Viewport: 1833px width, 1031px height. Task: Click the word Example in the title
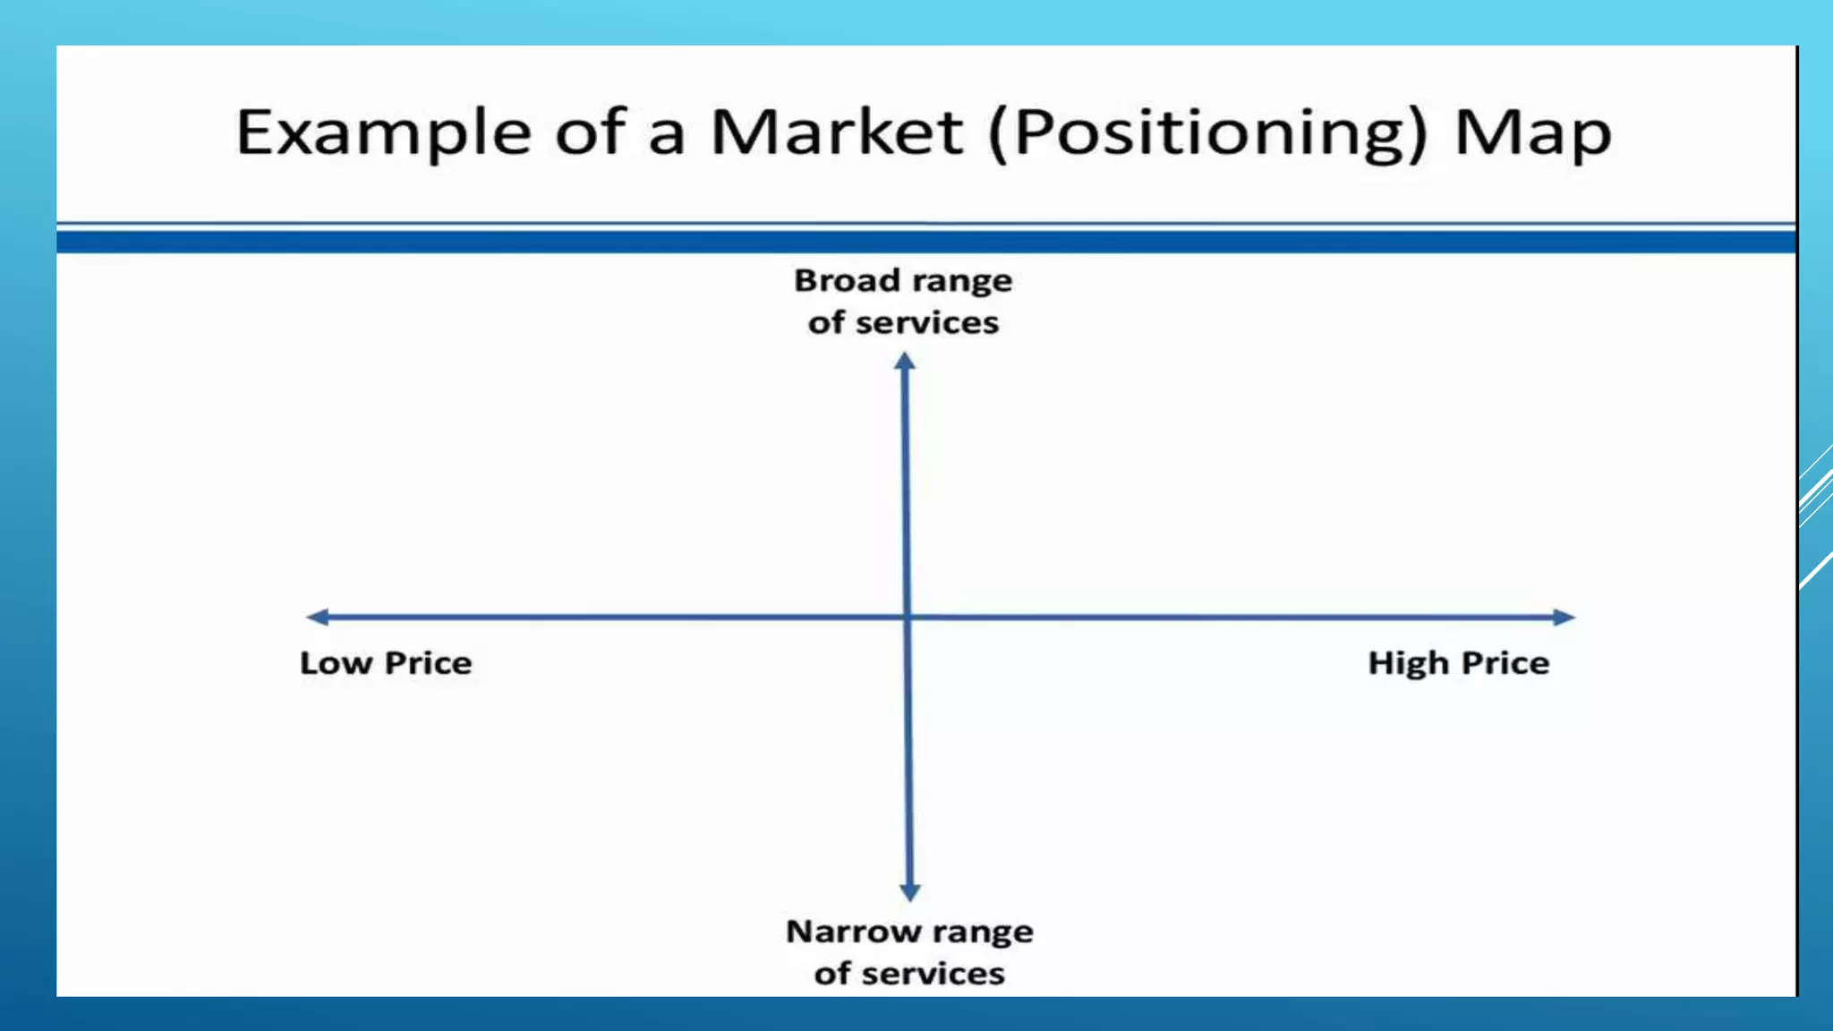pyautogui.click(x=384, y=132)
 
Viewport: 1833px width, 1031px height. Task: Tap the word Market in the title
pyautogui.click(x=836, y=132)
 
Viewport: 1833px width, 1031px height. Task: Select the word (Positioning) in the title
pyautogui.click(x=1207, y=134)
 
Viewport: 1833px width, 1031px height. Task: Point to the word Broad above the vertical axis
pyautogui.click(x=847, y=281)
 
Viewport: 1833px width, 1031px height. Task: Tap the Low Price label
pyautogui.click(x=386, y=663)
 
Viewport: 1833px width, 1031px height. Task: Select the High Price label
pyautogui.click(x=1458, y=663)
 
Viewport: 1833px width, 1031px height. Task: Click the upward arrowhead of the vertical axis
pyautogui.click(x=905, y=361)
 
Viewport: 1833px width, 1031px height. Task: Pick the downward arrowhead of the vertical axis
pyautogui.click(x=910, y=892)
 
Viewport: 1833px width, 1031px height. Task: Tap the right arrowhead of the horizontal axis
pyautogui.click(x=1564, y=617)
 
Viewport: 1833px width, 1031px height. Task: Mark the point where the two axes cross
pyautogui.click(x=908, y=617)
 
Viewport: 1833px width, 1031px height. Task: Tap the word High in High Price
pyautogui.click(x=1408, y=663)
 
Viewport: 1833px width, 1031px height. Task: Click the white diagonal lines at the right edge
pyautogui.click(x=1816, y=501)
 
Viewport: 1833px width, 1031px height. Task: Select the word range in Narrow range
pyautogui.click(x=983, y=933)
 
